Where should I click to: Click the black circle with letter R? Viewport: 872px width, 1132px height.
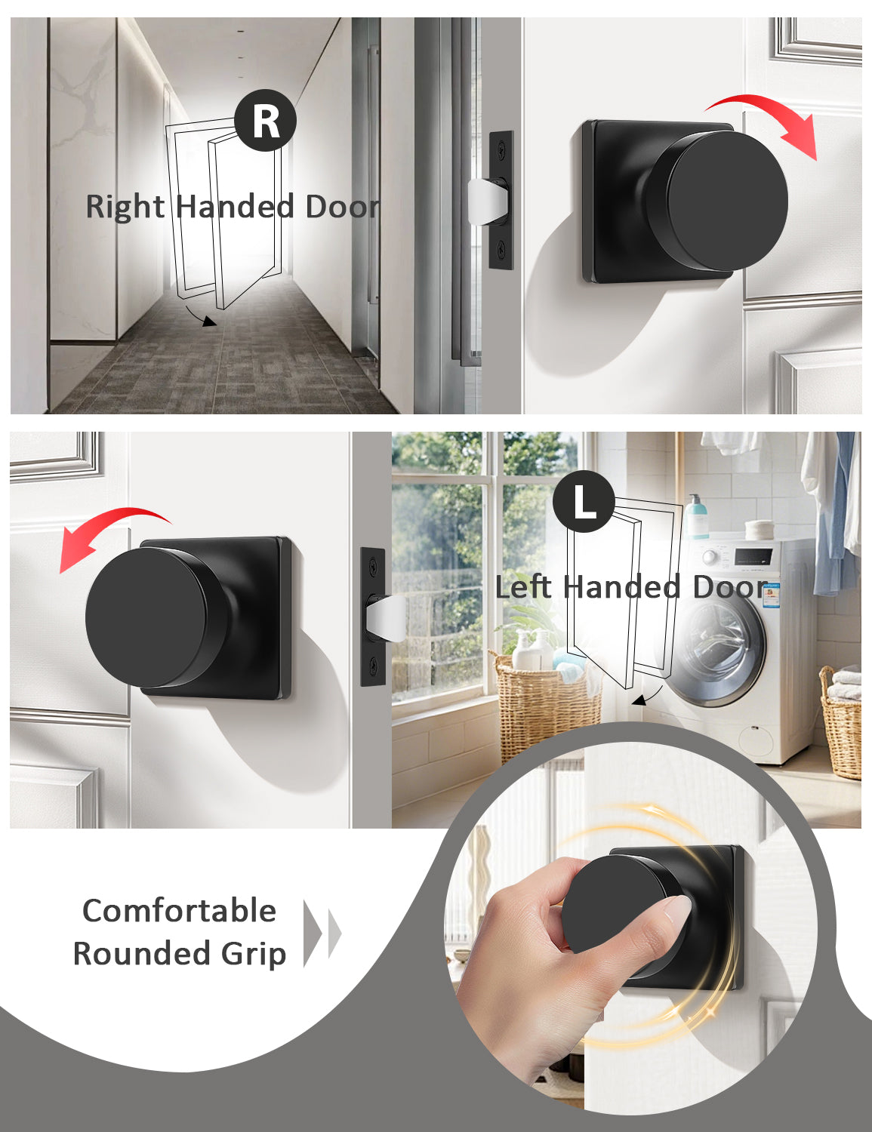[x=265, y=120]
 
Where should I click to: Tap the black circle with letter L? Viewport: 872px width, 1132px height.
[x=584, y=501]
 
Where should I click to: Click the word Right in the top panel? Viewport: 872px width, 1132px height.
[x=125, y=207]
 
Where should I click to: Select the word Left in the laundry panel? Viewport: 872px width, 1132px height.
[x=522, y=586]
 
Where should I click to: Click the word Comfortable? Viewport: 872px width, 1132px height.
[x=179, y=912]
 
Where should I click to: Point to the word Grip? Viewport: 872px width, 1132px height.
[x=253, y=955]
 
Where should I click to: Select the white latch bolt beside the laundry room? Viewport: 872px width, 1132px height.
[x=386, y=618]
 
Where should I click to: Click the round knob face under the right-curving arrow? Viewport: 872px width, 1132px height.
[x=727, y=201]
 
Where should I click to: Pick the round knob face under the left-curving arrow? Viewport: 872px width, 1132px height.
[x=146, y=617]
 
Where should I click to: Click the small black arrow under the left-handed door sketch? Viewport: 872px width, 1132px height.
[x=647, y=696]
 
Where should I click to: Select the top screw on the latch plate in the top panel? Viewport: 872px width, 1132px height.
[x=501, y=149]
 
